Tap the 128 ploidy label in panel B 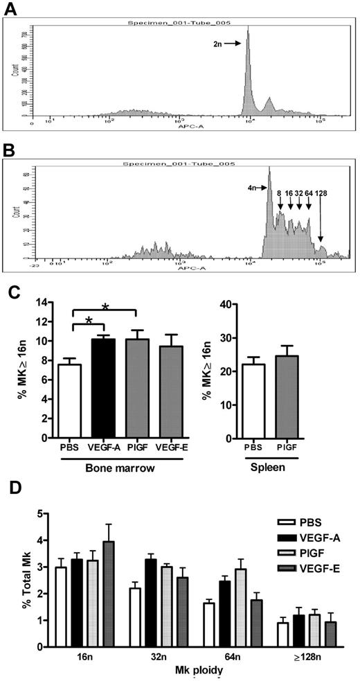tap(321, 193)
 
